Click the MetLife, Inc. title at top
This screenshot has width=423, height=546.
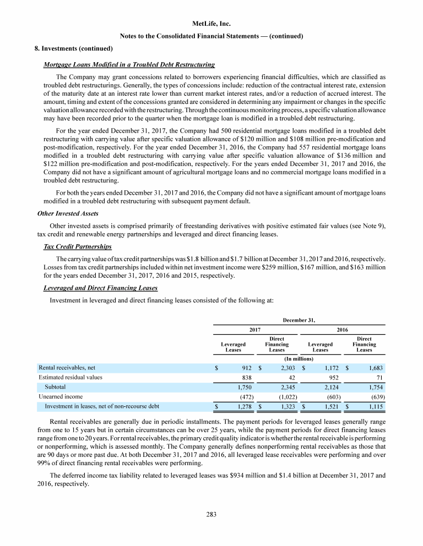tap(211, 24)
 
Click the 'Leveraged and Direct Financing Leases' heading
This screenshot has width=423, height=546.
tap(100, 288)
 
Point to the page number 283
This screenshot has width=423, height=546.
tap(211, 515)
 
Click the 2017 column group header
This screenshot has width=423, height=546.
tap(254, 329)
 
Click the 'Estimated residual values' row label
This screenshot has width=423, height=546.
tap(70, 377)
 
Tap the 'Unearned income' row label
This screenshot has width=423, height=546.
tap(60, 396)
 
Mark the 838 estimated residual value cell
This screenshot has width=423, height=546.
tap(248, 378)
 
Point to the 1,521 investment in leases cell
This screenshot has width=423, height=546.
tap(332, 406)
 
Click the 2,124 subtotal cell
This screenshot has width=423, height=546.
tap(332, 387)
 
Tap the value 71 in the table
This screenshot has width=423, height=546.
tap(379, 378)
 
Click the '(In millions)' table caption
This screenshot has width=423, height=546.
tap(298, 358)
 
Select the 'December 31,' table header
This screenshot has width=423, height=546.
tap(299, 319)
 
